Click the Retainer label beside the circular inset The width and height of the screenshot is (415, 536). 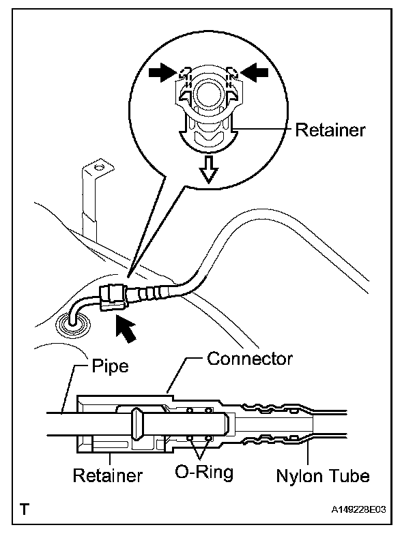point(330,130)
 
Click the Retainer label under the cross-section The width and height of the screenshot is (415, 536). point(108,475)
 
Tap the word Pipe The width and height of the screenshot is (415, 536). point(110,366)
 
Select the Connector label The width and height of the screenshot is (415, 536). point(250,359)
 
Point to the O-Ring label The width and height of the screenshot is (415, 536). point(204,473)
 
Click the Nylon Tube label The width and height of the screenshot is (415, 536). point(323,476)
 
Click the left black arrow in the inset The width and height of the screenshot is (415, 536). point(163,72)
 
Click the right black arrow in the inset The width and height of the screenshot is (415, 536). point(255,72)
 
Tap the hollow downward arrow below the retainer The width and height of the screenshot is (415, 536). point(209,169)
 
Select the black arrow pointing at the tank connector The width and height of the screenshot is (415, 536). point(126,329)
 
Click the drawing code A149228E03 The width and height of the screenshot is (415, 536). point(358,509)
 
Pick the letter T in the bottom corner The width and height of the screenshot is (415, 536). point(25,509)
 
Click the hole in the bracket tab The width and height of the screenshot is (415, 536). point(98,168)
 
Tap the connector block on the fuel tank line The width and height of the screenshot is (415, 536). point(113,298)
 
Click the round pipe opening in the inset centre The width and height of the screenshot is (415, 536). point(206,95)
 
